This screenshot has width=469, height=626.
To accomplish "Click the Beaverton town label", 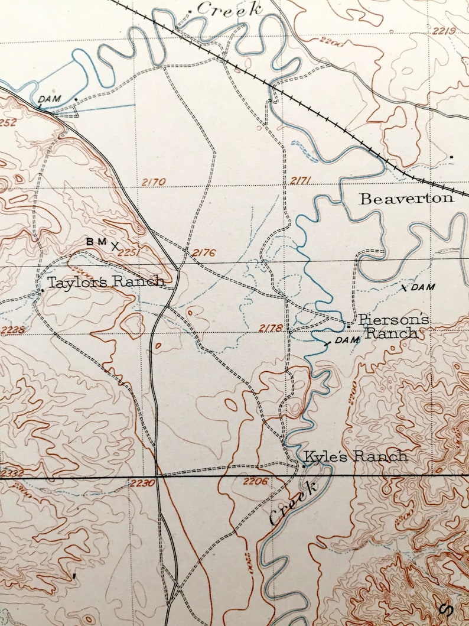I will (407, 198).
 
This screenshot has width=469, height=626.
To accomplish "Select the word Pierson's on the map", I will (393, 320).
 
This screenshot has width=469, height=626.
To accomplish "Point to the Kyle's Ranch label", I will (356, 456).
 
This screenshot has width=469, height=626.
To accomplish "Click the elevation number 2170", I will (154, 182).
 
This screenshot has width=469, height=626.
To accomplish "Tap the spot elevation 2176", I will (203, 253).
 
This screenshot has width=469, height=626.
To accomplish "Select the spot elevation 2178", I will (271, 327).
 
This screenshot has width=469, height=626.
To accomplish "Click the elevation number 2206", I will (255, 481).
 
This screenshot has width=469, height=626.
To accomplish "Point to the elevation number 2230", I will (143, 483).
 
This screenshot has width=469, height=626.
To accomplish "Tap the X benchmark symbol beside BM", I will (115, 244).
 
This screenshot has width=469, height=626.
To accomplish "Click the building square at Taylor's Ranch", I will (43, 290).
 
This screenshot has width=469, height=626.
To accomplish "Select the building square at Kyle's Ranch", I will (304, 466).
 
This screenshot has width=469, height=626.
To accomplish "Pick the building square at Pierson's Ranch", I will (349, 326).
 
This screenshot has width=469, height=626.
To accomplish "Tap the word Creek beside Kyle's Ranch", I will (293, 502).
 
